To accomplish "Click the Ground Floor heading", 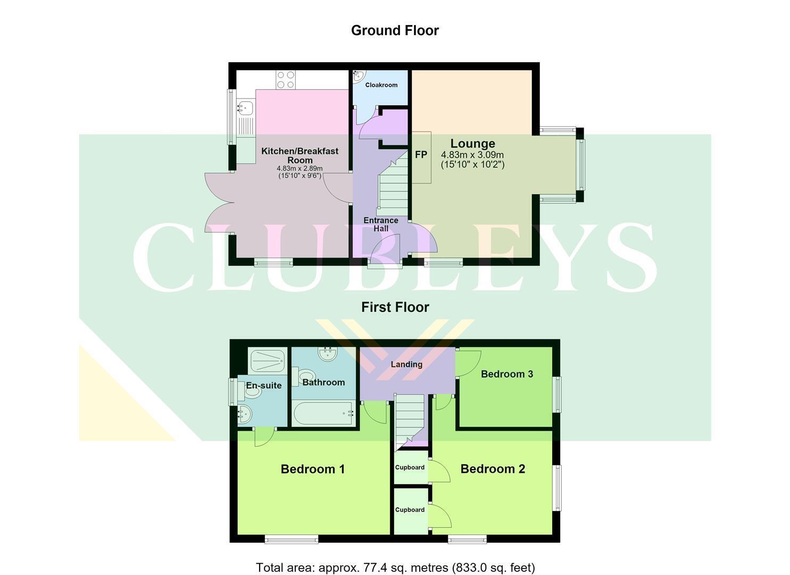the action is [x=395, y=31].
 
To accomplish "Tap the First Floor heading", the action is [x=395, y=307].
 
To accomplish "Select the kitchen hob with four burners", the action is [x=286, y=80].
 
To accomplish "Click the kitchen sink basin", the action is [x=246, y=108].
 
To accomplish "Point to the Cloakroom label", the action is [x=381, y=85].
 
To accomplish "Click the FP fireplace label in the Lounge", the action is [x=421, y=154].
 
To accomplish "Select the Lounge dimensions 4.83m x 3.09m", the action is [x=472, y=154].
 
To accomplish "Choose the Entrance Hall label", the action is [x=381, y=224].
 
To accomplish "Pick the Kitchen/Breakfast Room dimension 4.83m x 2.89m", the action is [x=300, y=168].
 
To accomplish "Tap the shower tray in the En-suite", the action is [x=267, y=360].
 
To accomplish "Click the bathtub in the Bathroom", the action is [x=323, y=413].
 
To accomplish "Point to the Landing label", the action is [x=406, y=364].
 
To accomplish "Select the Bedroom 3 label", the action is [x=507, y=374].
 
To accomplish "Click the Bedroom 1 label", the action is [x=312, y=469].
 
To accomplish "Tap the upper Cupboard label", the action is [x=410, y=467].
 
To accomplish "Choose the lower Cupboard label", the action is [x=410, y=510].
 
